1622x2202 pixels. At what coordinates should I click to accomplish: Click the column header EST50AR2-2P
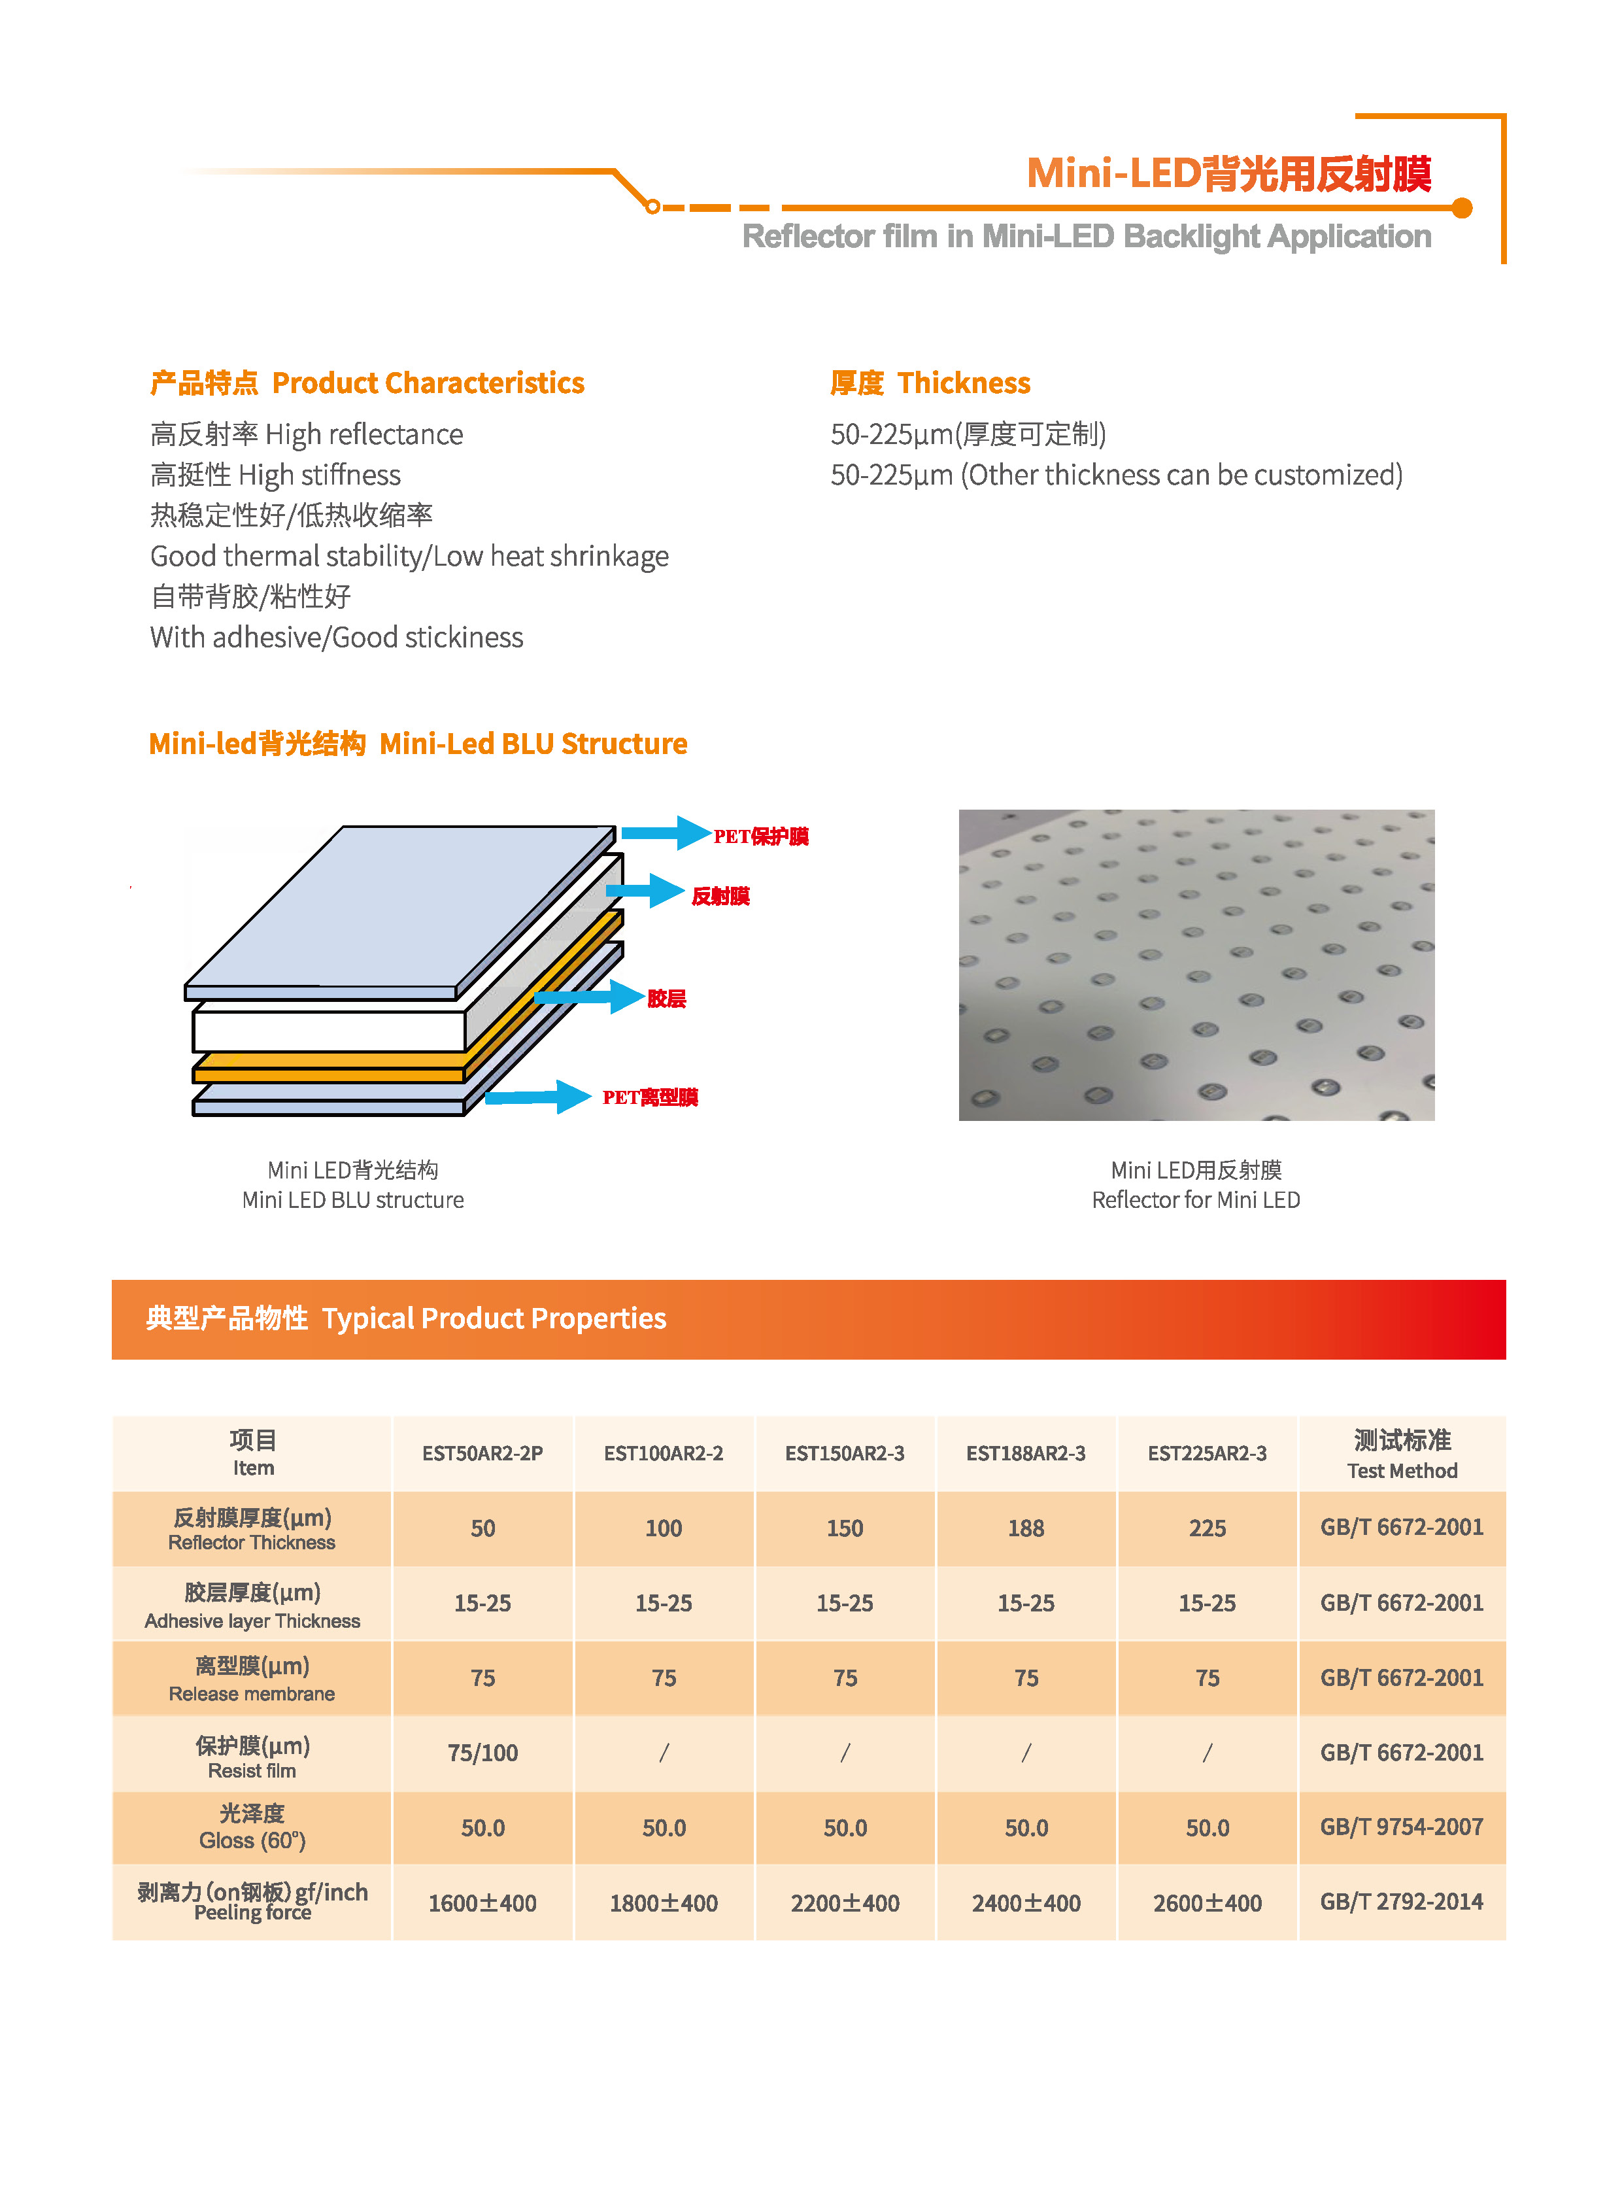[x=482, y=1453]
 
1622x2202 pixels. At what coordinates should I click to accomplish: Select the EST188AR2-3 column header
[x=1025, y=1453]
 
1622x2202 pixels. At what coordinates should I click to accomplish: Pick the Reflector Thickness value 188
[x=1025, y=1528]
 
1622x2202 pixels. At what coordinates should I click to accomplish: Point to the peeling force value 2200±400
[x=845, y=1903]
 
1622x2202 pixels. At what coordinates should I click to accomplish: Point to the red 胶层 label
[x=667, y=999]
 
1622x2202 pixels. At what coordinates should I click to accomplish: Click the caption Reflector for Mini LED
[x=1195, y=1200]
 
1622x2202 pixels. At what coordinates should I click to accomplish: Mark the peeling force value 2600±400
[x=1207, y=1903]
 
